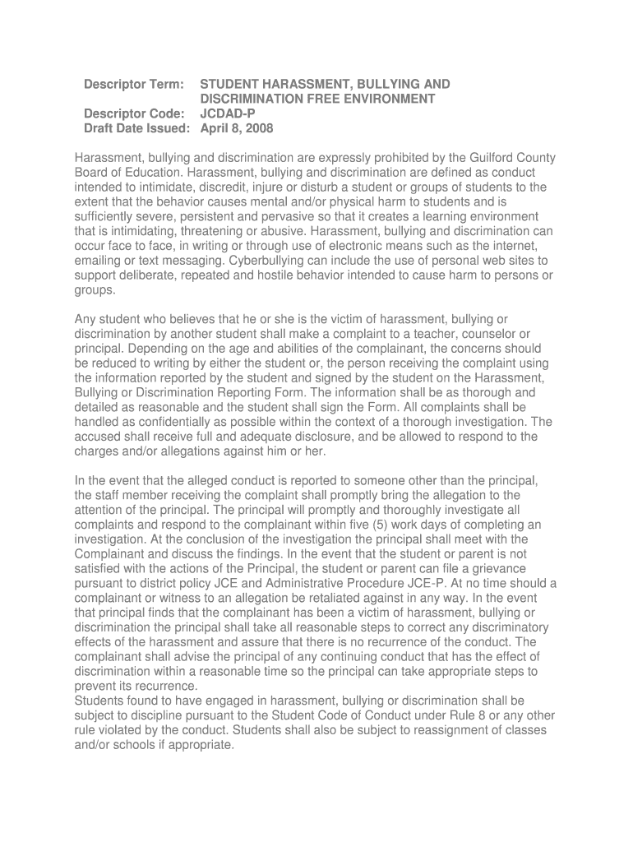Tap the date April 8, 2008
tap(238, 129)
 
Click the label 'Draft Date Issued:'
tap(137, 129)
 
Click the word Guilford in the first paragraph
tap(487, 158)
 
